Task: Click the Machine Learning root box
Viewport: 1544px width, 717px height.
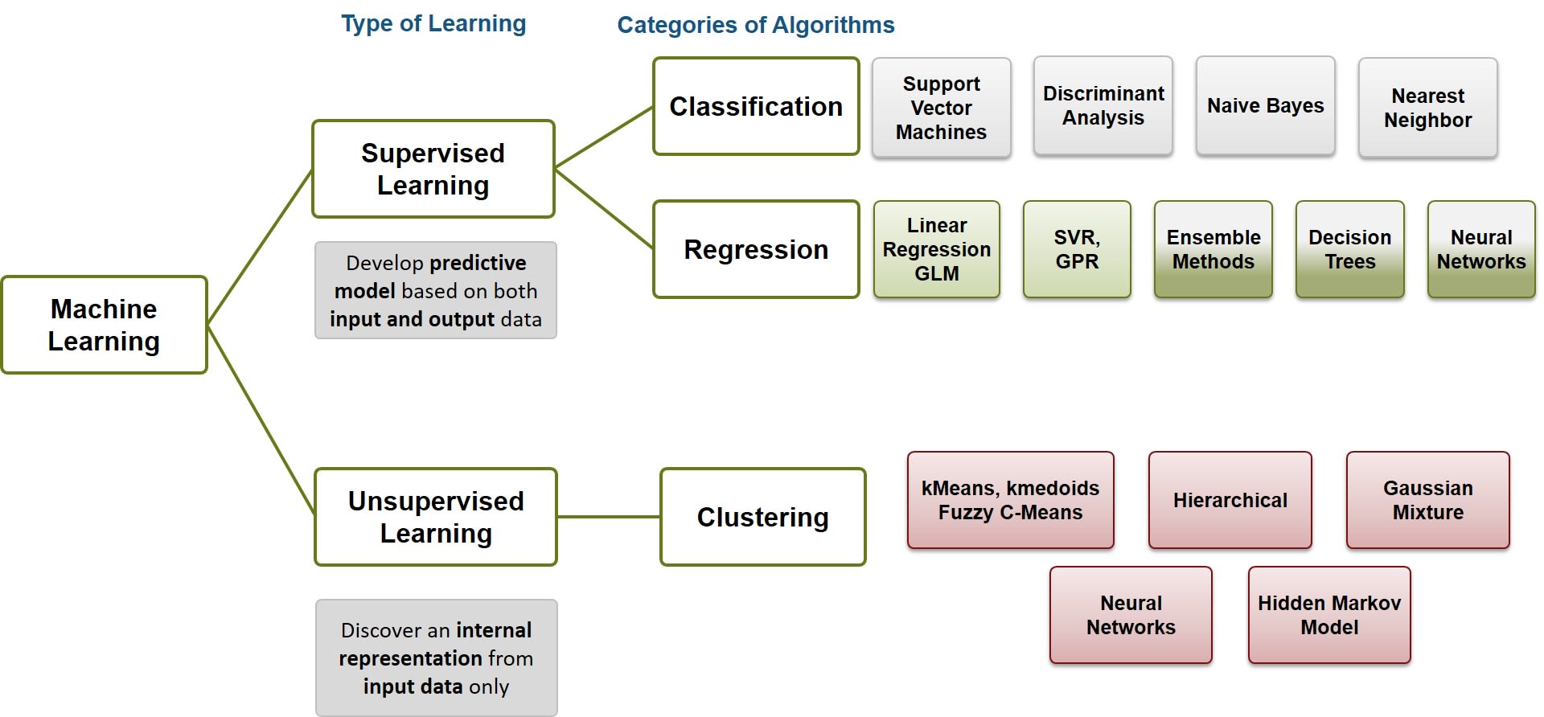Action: pyautogui.click(x=105, y=325)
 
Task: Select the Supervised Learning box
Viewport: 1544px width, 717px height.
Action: pyautogui.click(x=433, y=169)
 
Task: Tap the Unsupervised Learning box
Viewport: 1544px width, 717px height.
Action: pyautogui.click(x=435, y=517)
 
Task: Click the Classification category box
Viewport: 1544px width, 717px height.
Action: pyautogui.click(x=756, y=106)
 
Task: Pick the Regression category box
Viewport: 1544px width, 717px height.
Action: pyautogui.click(x=756, y=249)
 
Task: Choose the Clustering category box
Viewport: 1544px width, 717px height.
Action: pyautogui.click(x=762, y=517)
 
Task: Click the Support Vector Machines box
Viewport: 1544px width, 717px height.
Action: pyautogui.click(x=941, y=108)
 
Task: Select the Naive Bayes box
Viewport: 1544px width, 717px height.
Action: pyautogui.click(x=1265, y=105)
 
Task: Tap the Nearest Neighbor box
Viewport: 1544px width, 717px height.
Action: pyautogui.click(x=1427, y=108)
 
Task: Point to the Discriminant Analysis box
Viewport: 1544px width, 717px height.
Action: pyautogui.click(x=1103, y=105)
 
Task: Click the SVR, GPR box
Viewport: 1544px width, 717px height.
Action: pyautogui.click(x=1077, y=249)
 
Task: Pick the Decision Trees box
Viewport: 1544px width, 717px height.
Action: pyautogui.click(x=1349, y=249)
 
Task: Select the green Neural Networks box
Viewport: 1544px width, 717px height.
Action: pyautogui.click(x=1480, y=249)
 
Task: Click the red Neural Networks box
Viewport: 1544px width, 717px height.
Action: pyautogui.click(x=1131, y=615)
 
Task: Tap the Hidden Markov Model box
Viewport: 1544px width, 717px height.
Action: pyautogui.click(x=1328, y=615)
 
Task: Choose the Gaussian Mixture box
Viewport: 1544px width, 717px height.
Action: pyautogui.click(x=1427, y=500)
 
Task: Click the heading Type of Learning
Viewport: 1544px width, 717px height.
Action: pyautogui.click(x=433, y=23)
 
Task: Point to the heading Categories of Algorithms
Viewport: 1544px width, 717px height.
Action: pyautogui.click(x=755, y=25)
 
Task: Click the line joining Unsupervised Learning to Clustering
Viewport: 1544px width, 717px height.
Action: pyautogui.click(x=609, y=517)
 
